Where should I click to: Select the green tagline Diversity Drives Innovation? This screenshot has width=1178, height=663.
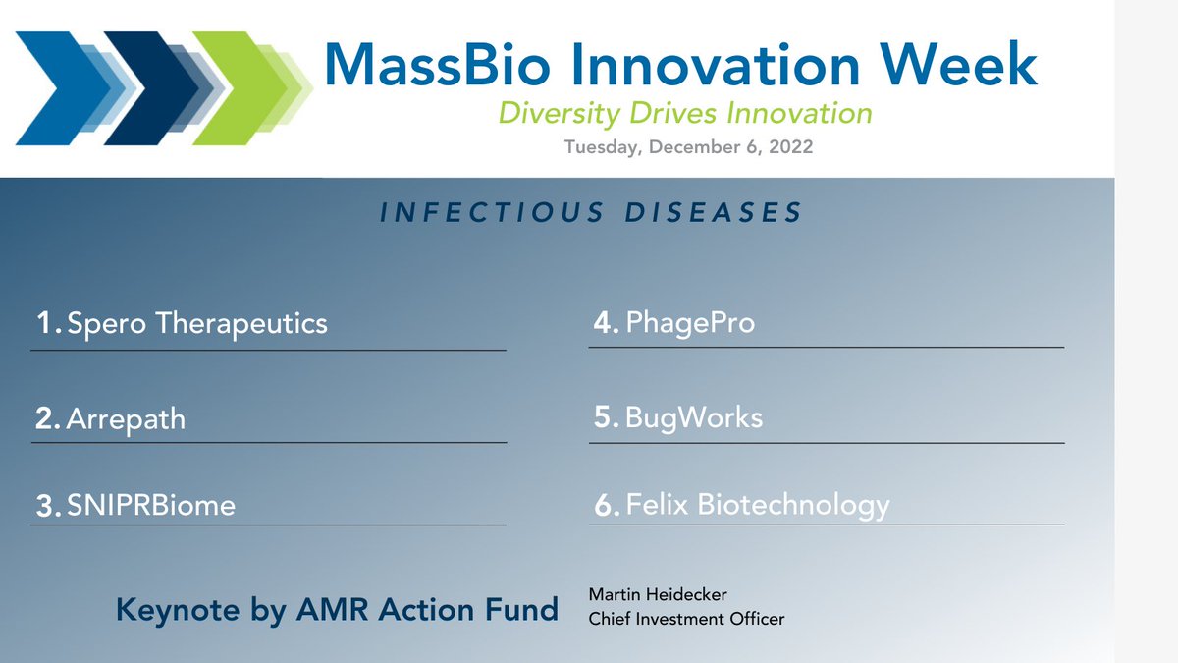coord(685,114)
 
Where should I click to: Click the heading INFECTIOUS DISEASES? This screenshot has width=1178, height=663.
coord(591,212)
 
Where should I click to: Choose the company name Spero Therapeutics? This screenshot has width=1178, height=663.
coord(196,323)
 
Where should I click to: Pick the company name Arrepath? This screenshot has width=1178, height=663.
coord(126,419)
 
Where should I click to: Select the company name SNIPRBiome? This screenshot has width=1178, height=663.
coord(151,506)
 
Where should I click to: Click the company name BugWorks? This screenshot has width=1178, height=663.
coord(693,417)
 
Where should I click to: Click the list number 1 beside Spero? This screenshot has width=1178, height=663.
coord(46,323)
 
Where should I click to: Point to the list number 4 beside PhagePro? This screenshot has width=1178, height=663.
coord(604,322)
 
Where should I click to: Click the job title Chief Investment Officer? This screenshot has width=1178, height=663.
coord(686,619)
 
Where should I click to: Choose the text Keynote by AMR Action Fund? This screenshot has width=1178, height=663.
coord(337,609)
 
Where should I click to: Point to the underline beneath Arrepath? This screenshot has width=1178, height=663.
coord(269,443)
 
